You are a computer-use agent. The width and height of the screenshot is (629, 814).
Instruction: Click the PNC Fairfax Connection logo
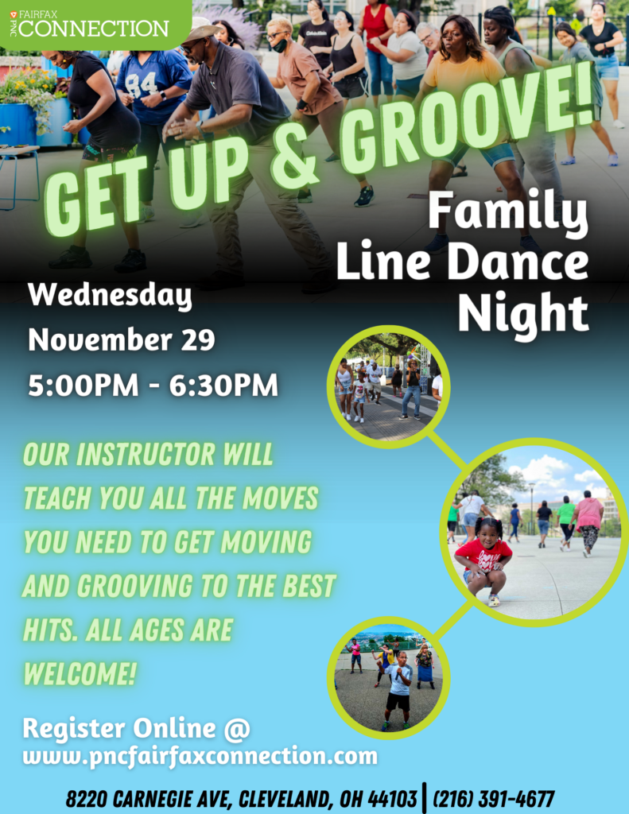(89, 24)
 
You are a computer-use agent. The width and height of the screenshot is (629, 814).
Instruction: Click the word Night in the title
(523, 313)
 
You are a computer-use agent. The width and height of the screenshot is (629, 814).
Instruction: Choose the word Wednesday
(110, 296)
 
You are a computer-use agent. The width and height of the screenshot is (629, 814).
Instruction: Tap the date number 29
(198, 340)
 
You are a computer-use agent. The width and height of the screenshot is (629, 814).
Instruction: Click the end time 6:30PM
(223, 386)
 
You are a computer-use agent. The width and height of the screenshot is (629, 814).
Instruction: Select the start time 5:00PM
(83, 386)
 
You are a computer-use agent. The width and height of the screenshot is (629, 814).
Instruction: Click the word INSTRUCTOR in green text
(145, 455)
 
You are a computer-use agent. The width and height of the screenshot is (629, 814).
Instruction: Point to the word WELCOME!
(80, 674)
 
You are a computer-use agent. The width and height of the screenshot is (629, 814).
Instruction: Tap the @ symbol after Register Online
(237, 728)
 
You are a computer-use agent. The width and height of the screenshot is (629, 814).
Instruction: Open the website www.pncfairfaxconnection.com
(200, 757)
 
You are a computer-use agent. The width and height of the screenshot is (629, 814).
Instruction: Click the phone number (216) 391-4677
(494, 799)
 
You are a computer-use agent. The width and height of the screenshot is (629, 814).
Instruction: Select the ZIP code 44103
(392, 799)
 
